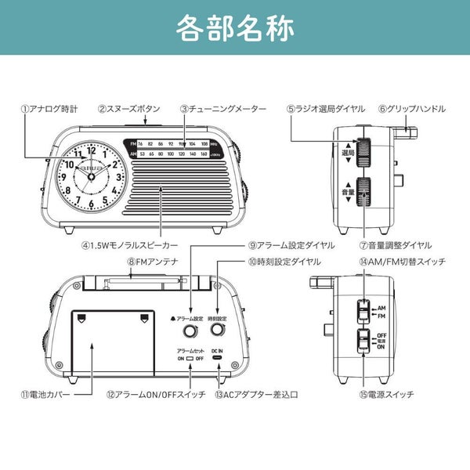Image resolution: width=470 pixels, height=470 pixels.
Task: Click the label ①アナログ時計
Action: (49, 109)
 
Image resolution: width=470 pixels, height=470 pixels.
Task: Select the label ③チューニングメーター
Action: (223, 109)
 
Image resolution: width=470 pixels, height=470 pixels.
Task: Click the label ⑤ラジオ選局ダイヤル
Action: (324, 109)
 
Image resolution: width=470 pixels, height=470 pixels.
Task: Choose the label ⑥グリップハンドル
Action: (411, 109)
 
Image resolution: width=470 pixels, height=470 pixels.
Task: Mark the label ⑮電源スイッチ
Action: (389, 394)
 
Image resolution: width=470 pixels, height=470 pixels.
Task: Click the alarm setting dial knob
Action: (189, 332)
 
